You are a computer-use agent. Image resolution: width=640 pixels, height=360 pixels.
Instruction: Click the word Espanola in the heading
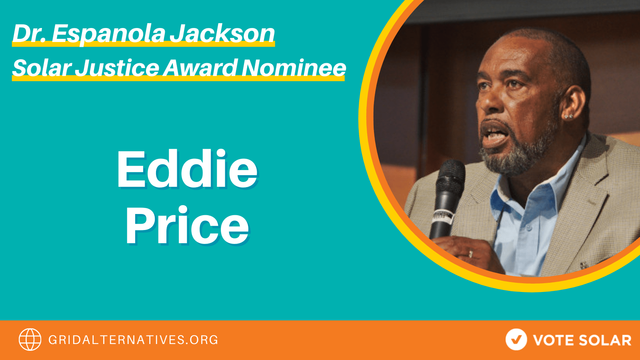(108, 34)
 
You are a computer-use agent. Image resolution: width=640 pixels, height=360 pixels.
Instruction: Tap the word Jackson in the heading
(222, 34)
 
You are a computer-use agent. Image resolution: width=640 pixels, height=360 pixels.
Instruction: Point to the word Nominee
(294, 68)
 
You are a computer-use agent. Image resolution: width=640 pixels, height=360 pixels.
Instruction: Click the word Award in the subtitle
(200, 68)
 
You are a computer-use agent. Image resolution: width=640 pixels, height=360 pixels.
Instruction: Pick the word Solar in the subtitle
(42, 68)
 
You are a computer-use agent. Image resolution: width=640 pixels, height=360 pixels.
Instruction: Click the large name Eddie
(187, 170)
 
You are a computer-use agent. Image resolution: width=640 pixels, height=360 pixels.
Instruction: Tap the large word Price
(187, 226)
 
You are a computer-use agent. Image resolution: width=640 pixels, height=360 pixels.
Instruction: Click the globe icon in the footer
(30, 340)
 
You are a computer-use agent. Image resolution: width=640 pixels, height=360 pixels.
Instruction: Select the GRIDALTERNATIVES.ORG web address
(133, 340)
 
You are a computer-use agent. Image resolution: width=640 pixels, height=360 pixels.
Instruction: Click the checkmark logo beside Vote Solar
(516, 340)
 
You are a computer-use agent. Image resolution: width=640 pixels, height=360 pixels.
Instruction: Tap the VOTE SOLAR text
(582, 340)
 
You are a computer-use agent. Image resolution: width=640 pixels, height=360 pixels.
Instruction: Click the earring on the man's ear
(568, 116)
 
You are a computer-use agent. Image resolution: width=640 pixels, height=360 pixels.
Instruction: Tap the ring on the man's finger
(471, 253)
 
